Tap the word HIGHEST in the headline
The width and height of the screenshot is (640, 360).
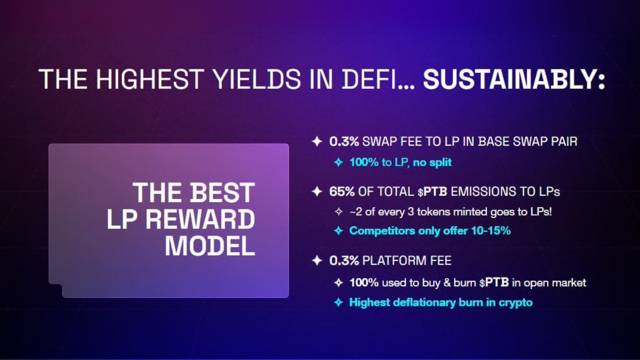pyautogui.click(x=149, y=79)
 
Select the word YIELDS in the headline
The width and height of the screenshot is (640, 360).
pyautogui.click(x=258, y=79)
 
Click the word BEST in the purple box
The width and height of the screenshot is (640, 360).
pyautogui.click(x=222, y=193)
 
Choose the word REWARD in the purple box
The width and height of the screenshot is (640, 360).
pyautogui.click(x=201, y=219)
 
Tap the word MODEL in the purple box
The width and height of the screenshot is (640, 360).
pyautogui.click(x=210, y=246)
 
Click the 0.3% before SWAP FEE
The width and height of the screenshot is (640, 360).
pyautogui.click(x=344, y=141)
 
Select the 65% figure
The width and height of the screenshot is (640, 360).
pyautogui.click(x=342, y=191)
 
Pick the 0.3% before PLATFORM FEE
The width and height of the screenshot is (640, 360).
pyautogui.click(x=344, y=261)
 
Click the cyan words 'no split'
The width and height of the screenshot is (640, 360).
pyautogui.click(x=433, y=163)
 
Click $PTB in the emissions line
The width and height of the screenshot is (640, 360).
pyautogui.click(x=433, y=191)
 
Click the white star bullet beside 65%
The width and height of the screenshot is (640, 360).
pyautogui.click(x=317, y=191)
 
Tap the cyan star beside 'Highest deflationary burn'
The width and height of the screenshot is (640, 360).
pyautogui.click(x=339, y=302)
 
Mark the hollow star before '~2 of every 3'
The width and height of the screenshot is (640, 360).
pyautogui.click(x=339, y=212)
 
